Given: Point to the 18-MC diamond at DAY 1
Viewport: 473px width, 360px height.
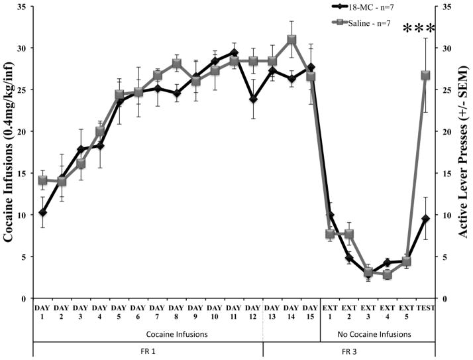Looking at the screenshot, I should point(42,212).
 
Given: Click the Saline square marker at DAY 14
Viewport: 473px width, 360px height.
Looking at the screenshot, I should point(291,39).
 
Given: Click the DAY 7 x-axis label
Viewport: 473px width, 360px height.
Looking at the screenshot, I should point(158,312).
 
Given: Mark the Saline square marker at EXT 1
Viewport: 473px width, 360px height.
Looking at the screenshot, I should point(330,234).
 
